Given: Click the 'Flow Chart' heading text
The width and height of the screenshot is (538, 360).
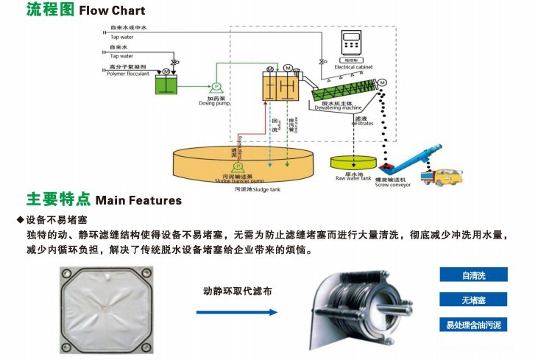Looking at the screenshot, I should tap(112, 11).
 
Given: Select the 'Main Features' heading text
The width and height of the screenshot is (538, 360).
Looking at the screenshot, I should tap(139, 200).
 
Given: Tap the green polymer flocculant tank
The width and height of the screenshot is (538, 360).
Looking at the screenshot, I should tap(169, 84).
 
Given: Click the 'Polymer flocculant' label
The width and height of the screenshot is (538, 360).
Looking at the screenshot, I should tap(129, 74).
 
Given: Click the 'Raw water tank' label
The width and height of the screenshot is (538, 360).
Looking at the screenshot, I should tap(353, 178).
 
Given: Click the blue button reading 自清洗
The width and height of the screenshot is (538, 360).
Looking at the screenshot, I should tap(474, 275).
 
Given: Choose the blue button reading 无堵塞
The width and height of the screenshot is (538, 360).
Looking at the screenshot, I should tap(474, 300).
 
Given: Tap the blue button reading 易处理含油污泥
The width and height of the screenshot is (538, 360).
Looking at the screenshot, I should tap(474, 324).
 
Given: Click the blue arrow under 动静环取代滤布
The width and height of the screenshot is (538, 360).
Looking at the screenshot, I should tap(236, 312).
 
